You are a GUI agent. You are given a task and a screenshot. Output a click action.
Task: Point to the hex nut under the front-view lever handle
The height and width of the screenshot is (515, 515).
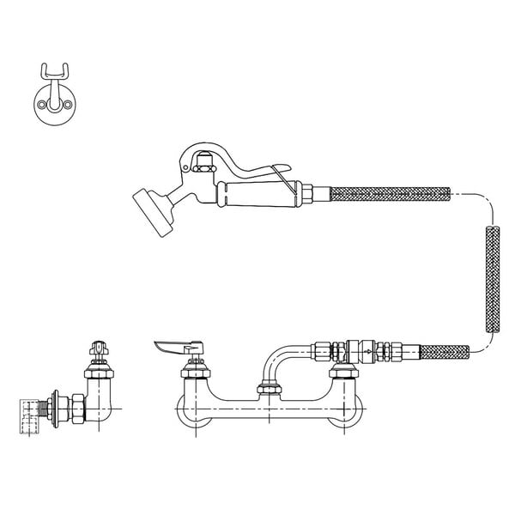tap(194, 371)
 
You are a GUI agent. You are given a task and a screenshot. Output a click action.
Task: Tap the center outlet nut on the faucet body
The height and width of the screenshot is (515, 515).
tap(270, 392)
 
